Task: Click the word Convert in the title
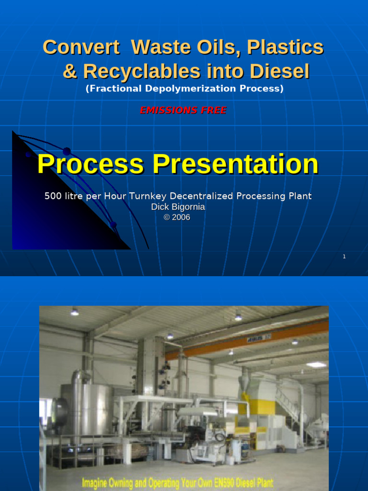click(81, 47)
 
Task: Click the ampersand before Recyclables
click(70, 72)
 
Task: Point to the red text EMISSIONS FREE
click(183, 110)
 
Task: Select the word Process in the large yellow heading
click(90, 164)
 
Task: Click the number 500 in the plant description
click(53, 196)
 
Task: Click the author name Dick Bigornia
click(178, 207)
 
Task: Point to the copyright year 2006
click(182, 217)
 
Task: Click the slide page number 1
click(344, 257)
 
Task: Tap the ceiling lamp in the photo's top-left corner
click(75, 312)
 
